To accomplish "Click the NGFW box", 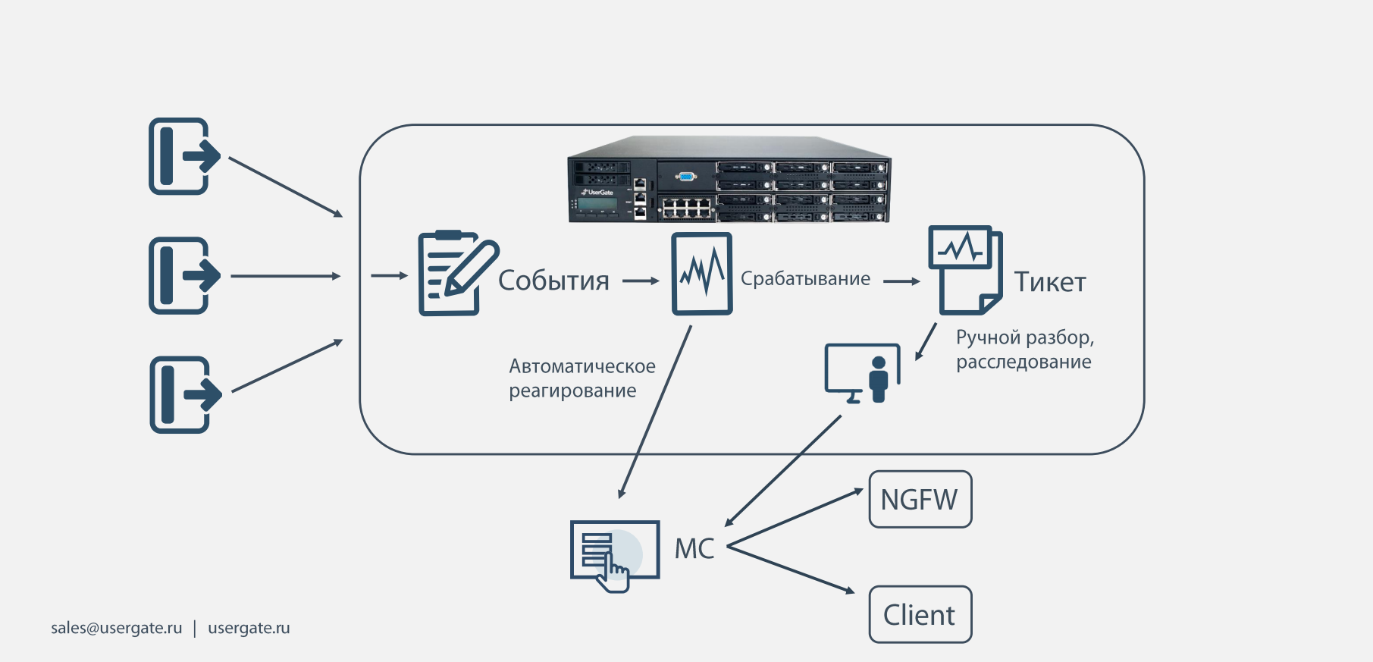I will (x=920, y=500).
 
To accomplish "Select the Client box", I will (x=920, y=614).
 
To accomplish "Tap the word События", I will (x=553, y=281).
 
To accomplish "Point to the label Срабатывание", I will (x=805, y=279).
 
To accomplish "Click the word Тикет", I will (x=1050, y=282).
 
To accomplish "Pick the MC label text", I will (x=694, y=548).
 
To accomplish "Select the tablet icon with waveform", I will (x=702, y=274).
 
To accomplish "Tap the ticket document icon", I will (x=965, y=269).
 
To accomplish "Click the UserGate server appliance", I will (x=729, y=180).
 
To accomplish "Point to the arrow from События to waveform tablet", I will (x=641, y=281).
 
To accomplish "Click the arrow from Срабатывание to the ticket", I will (x=901, y=281).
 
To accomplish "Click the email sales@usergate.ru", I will (x=116, y=628).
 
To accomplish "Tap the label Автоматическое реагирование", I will (x=581, y=378).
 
